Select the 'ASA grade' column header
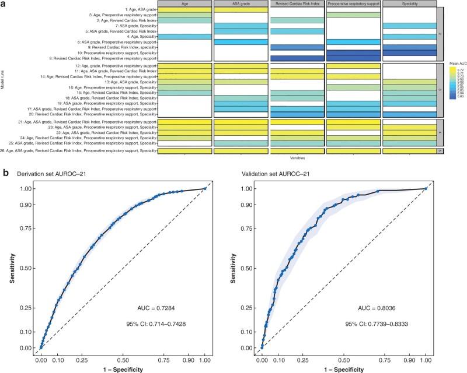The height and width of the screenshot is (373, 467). click(239, 3)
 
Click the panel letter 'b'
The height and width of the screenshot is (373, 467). click(5, 173)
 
